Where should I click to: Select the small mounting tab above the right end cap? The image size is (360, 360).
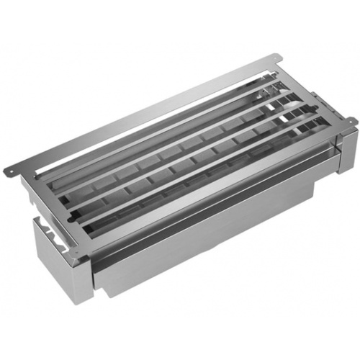351,121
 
